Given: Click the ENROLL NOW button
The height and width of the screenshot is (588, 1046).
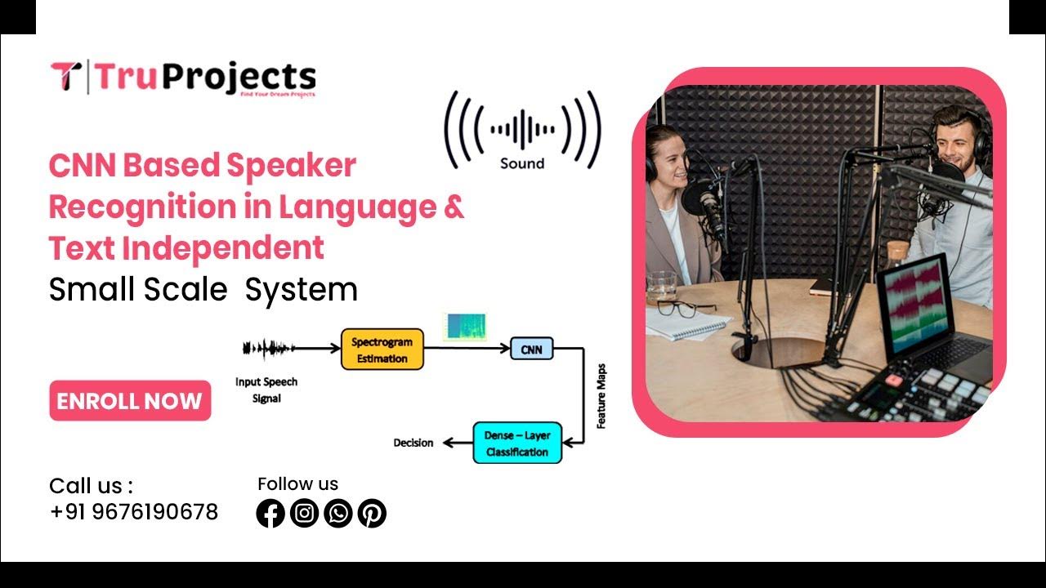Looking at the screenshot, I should tap(130, 401).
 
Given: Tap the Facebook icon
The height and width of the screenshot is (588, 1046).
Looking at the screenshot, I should tap(270, 513).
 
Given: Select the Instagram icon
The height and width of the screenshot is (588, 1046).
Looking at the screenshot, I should tap(304, 513).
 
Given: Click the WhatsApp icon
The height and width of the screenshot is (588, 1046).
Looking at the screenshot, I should tap(337, 513).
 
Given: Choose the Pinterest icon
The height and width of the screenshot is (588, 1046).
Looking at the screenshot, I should tap(372, 513).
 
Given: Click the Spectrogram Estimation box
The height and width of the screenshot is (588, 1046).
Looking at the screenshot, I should tap(382, 350).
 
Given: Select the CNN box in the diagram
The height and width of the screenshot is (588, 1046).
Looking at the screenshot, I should tap(531, 350).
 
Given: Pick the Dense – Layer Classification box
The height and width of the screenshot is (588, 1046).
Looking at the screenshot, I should tap(517, 443).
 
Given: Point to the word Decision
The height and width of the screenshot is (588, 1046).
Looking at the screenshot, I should tap(413, 443).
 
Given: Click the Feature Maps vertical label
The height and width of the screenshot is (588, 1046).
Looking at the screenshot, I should tap(601, 396).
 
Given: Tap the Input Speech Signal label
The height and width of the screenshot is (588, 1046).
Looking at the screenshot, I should tap(266, 390).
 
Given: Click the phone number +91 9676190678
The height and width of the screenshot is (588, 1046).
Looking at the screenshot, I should tap(134, 512).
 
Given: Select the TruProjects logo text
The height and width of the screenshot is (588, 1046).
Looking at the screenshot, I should tap(204, 78).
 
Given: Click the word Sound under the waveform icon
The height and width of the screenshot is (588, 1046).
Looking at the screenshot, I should tap(522, 163).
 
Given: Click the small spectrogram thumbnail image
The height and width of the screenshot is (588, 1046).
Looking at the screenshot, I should tap(465, 326).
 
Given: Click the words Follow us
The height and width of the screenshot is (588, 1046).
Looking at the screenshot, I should tap(297, 483).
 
